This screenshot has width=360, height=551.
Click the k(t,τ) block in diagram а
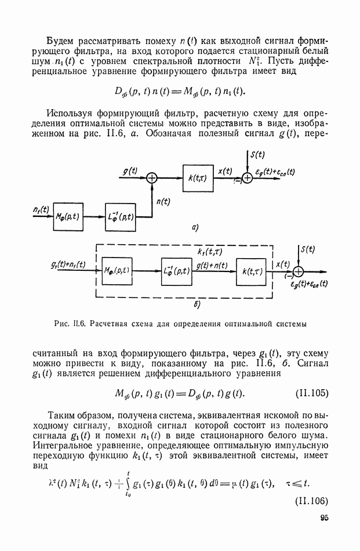198,178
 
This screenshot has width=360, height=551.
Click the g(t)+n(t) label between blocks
213,264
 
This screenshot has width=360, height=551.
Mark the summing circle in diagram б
299,271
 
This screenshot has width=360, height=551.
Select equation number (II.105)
311,393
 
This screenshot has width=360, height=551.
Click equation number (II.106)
311,501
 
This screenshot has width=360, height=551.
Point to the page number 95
323,521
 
